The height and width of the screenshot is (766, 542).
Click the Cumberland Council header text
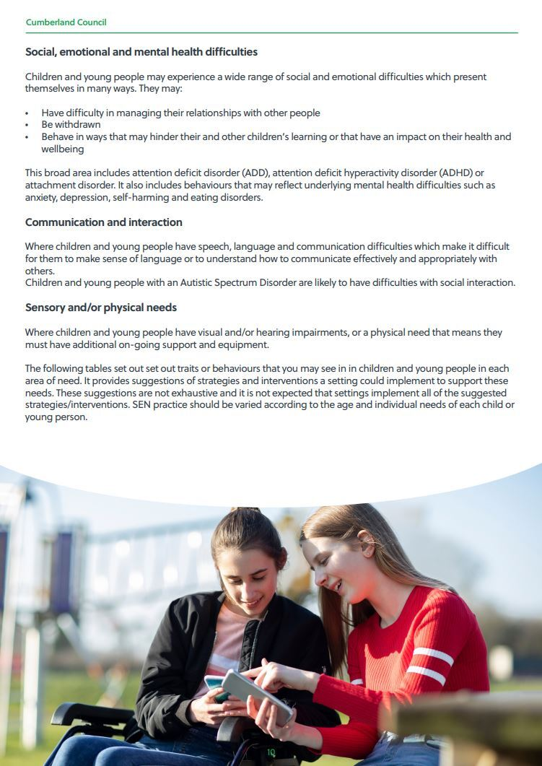pos(66,22)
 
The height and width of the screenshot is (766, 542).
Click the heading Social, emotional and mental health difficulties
pos(141,52)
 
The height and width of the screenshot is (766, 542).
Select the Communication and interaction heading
pos(104,222)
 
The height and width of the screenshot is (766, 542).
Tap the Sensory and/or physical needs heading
pos(101,308)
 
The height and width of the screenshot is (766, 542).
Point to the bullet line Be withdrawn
pos(71,125)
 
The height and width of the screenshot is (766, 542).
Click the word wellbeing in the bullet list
pos(63,149)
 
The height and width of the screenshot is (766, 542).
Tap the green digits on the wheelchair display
pos(271,752)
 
